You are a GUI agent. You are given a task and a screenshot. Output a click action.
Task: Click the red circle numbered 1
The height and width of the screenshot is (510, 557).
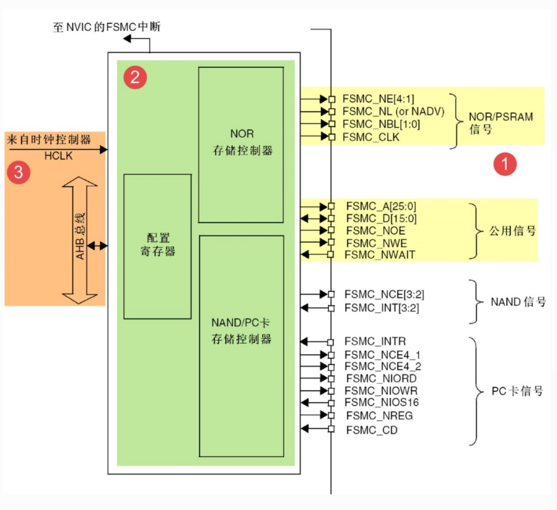[504, 165]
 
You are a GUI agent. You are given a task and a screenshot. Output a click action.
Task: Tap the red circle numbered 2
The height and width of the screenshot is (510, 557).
[134, 77]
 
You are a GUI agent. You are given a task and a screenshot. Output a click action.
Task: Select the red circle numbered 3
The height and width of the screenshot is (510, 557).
[18, 172]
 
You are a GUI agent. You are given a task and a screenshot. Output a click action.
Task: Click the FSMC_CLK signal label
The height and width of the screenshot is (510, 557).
[371, 137]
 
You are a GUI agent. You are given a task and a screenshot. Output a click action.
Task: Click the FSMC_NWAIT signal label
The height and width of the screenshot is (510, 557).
[379, 255]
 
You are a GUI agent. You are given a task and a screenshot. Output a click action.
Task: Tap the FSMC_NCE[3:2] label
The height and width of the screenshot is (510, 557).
[380, 294]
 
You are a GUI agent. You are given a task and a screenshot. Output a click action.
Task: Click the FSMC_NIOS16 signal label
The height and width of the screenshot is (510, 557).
[382, 402]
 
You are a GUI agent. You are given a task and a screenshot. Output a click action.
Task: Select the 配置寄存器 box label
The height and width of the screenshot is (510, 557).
[157, 245]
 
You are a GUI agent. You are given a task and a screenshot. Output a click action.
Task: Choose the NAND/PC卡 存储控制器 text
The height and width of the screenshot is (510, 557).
[242, 331]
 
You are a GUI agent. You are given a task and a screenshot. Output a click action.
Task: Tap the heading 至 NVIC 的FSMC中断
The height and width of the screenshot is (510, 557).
[106, 26]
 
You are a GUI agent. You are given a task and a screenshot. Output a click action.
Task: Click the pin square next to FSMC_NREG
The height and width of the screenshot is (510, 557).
[331, 416]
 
